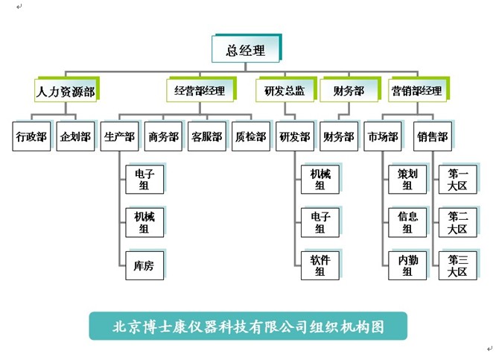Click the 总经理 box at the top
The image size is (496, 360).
[x=245, y=51]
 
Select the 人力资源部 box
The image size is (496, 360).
[x=67, y=92]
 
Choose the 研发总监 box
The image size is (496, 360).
[x=284, y=92]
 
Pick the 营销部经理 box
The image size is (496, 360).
[x=416, y=92]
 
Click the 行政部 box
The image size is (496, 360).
[x=31, y=137]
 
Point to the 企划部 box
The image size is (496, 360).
[x=75, y=137]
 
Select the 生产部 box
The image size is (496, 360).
[x=119, y=137]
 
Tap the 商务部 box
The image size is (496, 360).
[x=163, y=137]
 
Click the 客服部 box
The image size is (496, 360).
[x=206, y=137]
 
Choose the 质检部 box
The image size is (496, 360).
[x=250, y=137]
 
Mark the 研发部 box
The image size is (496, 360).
[x=294, y=137]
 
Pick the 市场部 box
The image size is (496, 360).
[x=383, y=137]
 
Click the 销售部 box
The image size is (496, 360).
[x=433, y=137]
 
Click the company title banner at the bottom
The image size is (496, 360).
[x=248, y=326]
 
